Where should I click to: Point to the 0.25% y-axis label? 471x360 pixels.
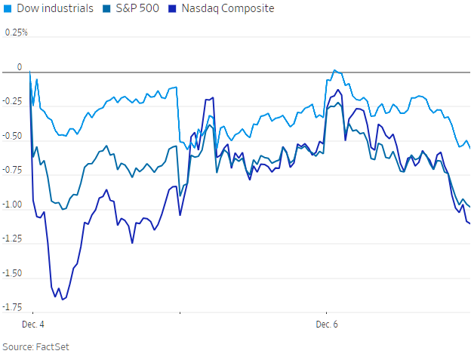[x=16, y=33]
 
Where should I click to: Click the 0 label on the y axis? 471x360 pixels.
[x=20, y=67]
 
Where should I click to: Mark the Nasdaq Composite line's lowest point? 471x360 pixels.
[x=62, y=300]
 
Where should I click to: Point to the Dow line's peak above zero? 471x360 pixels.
[x=334, y=70]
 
